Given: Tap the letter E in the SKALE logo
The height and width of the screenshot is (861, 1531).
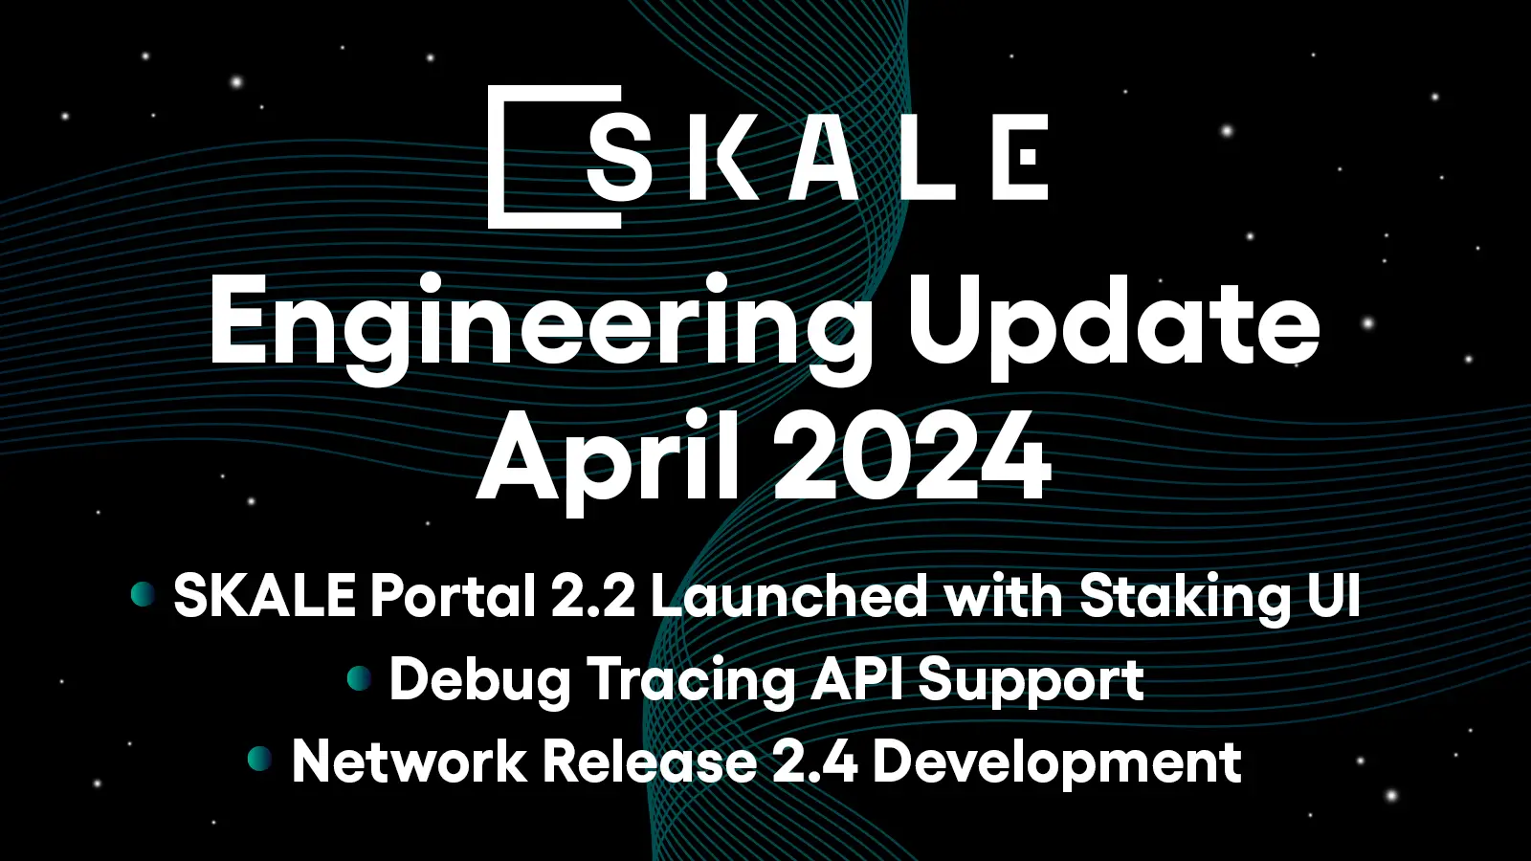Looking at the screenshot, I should tap(1020, 157).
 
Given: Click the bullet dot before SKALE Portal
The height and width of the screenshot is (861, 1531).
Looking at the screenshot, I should tap(143, 594).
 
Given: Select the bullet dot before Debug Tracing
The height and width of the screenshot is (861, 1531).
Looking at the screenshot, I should tap(359, 678).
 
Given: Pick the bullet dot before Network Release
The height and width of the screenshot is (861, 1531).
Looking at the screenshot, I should tap(259, 760).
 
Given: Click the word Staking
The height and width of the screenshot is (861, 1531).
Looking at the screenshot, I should tap(1185, 597).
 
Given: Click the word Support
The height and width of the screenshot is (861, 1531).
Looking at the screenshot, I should tap(1031, 681).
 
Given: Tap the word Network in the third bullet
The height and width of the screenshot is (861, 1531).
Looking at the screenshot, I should tap(409, 762).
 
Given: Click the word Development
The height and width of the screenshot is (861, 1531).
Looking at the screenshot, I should tap(1057, 763).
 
